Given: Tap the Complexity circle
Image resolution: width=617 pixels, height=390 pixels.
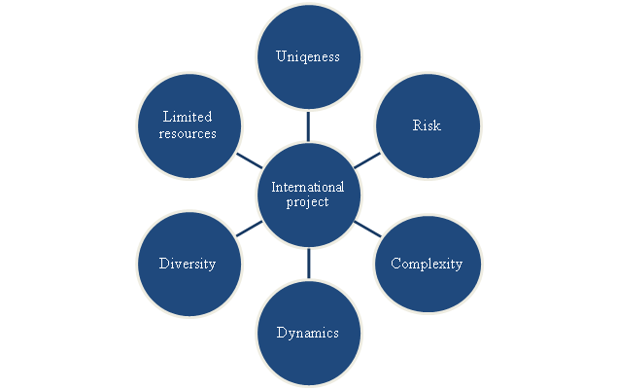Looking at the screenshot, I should (x=426, y=264).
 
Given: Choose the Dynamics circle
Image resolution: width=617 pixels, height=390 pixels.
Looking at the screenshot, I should (x=308, y=332).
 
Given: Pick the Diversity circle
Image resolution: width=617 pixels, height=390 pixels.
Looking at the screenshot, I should (x=189, y=264).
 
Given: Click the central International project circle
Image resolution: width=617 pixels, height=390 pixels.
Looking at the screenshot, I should (x=308, y=195).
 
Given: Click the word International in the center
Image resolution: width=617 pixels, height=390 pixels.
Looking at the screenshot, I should (x=308, y=187).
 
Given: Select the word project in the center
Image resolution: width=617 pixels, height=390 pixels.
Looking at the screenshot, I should (x=308, y=202).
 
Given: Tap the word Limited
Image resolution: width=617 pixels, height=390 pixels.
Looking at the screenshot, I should (x=188, y=117).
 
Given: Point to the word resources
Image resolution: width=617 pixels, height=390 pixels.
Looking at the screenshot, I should (x=188, y=133).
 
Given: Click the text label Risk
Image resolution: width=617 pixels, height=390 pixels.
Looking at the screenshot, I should (x=426, y=125).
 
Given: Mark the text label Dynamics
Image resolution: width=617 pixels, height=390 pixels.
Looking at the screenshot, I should (x=308, y=333).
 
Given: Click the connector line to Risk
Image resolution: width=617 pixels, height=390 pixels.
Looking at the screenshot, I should (x=366, y=160).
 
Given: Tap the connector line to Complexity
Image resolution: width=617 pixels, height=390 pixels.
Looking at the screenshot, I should (x=366, y=229).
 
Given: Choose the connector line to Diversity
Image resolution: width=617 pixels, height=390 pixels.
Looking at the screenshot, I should (x=249, y=229).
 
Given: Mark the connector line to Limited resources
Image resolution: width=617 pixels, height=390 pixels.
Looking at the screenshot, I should (x=249, y=160).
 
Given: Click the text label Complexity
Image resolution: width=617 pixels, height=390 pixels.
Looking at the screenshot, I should (x=426, y=264).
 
